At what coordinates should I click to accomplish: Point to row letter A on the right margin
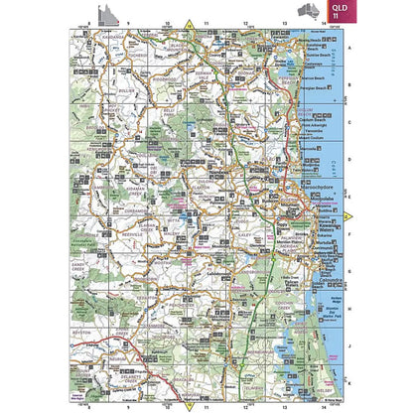coord(349,57)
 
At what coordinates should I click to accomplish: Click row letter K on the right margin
coord(349,381)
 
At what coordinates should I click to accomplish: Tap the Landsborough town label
coord(221,272)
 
